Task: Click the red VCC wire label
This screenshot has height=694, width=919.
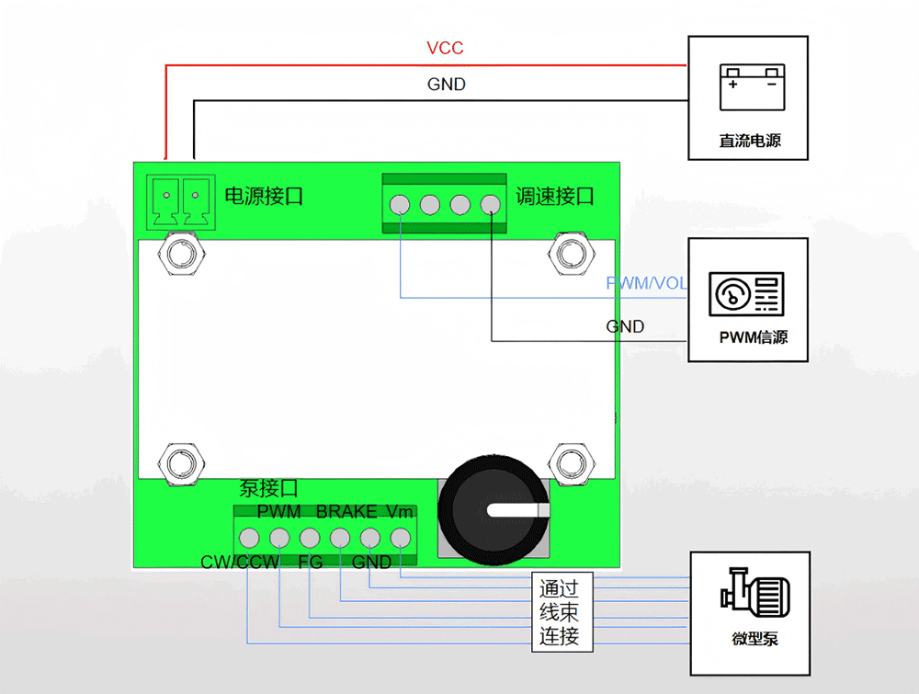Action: (446, 48)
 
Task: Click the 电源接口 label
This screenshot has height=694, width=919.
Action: (264, 195)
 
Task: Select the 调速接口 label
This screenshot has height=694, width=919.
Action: (554, 195)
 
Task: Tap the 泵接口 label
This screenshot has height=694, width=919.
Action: (268, 489)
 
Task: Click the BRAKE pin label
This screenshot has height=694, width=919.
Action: (346, 511)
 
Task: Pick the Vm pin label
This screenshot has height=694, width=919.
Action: (400, 511)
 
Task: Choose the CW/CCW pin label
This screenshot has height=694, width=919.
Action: (240, 562)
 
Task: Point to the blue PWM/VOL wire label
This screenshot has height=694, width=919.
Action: (646, 283)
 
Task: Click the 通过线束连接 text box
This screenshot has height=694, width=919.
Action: (560, 612)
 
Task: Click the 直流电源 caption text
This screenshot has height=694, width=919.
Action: (750, 142)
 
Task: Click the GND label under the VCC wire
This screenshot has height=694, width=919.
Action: (446, 85)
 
